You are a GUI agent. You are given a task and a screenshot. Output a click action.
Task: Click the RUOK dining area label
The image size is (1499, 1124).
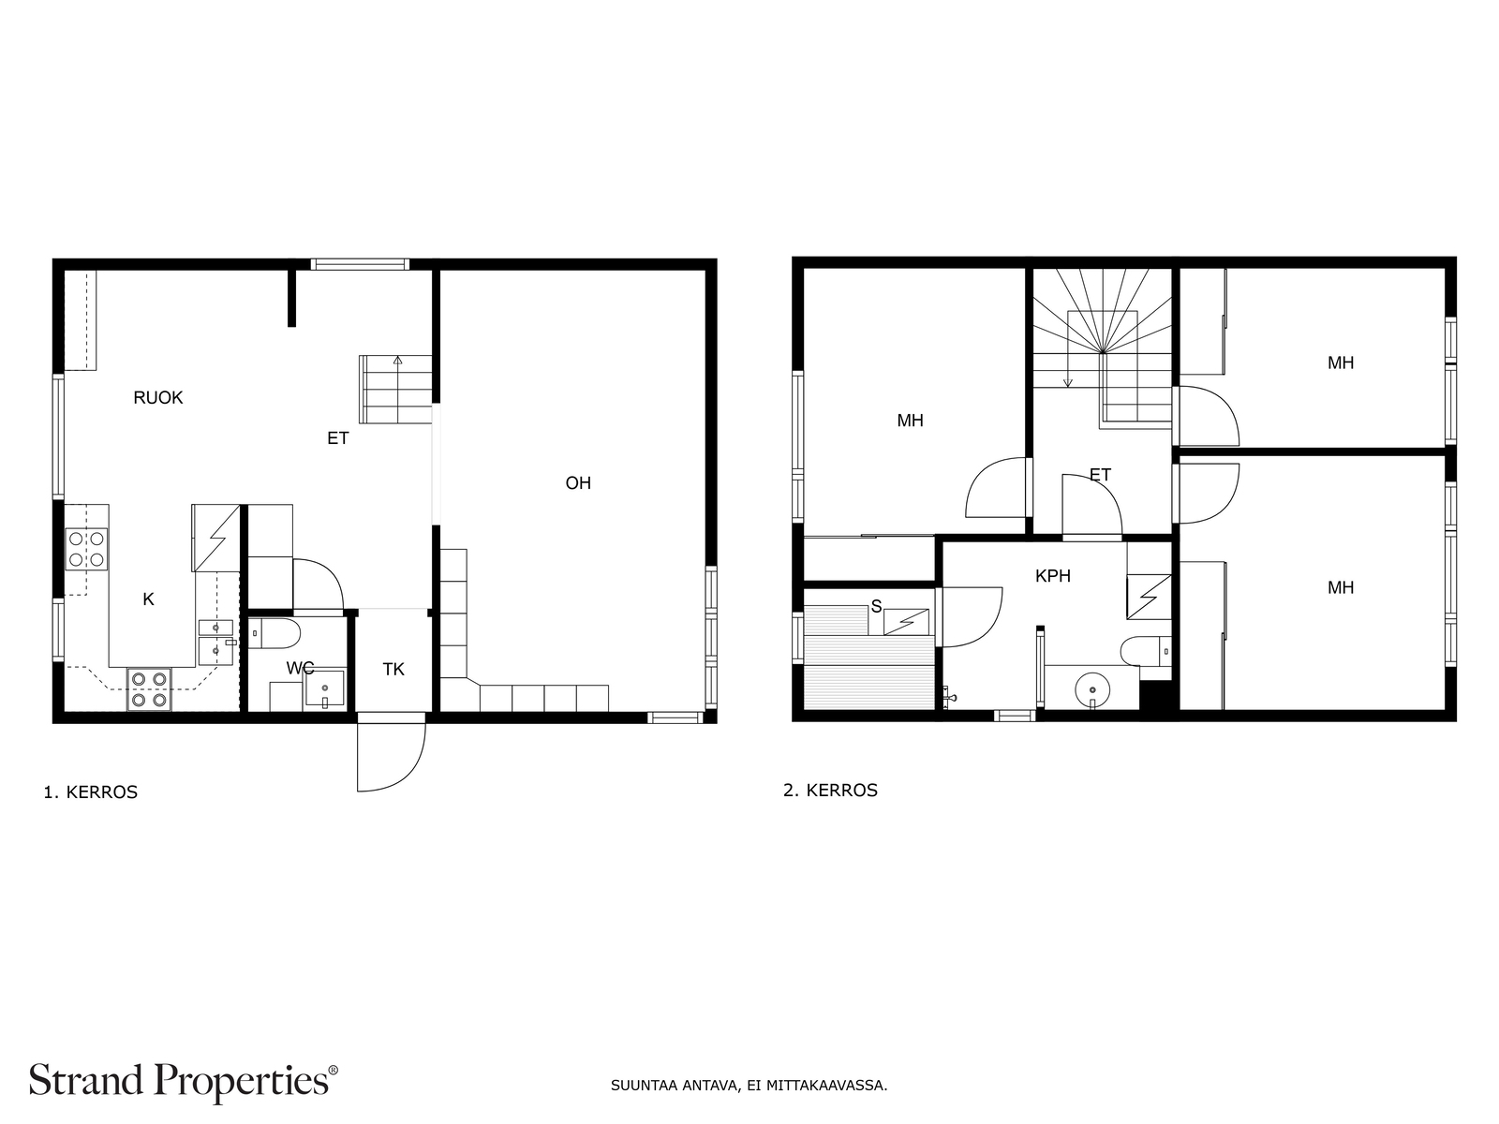157,398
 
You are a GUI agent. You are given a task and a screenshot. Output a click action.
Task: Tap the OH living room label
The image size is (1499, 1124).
578,483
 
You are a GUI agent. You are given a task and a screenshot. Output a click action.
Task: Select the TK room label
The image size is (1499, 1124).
393,670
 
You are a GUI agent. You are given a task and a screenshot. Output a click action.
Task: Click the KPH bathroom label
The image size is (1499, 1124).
1052,576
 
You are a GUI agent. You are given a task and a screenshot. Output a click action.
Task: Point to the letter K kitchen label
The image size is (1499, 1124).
148,599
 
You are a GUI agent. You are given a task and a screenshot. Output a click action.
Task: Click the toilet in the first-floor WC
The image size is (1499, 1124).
274,634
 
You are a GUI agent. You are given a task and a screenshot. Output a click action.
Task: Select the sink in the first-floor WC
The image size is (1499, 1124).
324,688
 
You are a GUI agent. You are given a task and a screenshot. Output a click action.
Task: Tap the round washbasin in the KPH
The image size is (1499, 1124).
1092,689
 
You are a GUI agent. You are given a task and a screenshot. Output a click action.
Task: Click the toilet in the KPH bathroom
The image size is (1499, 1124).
1146,650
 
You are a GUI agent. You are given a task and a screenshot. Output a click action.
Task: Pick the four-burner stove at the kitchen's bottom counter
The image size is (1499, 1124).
149,689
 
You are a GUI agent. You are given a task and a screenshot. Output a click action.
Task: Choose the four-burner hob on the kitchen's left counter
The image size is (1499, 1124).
87,550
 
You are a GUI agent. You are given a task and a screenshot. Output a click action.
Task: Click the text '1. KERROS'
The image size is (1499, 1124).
91,792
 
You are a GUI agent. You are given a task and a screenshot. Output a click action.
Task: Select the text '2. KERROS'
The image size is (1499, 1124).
830,791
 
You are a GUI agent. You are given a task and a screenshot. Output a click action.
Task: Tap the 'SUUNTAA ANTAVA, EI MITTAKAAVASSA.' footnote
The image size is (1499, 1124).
749,1085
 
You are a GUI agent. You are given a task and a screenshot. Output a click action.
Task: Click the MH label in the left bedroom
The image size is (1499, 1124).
911,421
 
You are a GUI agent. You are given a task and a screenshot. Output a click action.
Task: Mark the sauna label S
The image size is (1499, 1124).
876,606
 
